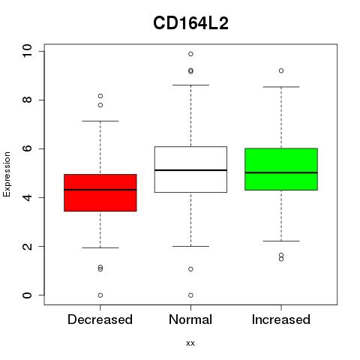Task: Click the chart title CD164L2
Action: [190, 23]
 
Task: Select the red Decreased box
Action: [100, 193]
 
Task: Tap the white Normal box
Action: [190, 169]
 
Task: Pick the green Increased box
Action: [281, 169]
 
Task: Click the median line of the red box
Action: [100, 190]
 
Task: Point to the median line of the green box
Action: [281, 172]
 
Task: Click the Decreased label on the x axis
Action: [100, 319]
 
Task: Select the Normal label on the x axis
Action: [190, 319]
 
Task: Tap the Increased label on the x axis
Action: [281, 319]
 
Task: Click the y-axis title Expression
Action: [7, 174]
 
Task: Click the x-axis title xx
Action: [190, 343]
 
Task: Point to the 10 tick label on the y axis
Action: [27, 51]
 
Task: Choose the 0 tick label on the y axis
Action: [27, 295]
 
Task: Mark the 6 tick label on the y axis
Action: [27, 148]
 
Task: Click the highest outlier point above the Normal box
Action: [190, 54]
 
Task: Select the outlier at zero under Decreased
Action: [100, 295]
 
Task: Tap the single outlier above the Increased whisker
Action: [281, 70]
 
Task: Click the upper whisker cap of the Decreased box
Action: [100, 121]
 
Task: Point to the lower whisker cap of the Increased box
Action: [281, 241]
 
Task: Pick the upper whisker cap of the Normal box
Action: [190, 85]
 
